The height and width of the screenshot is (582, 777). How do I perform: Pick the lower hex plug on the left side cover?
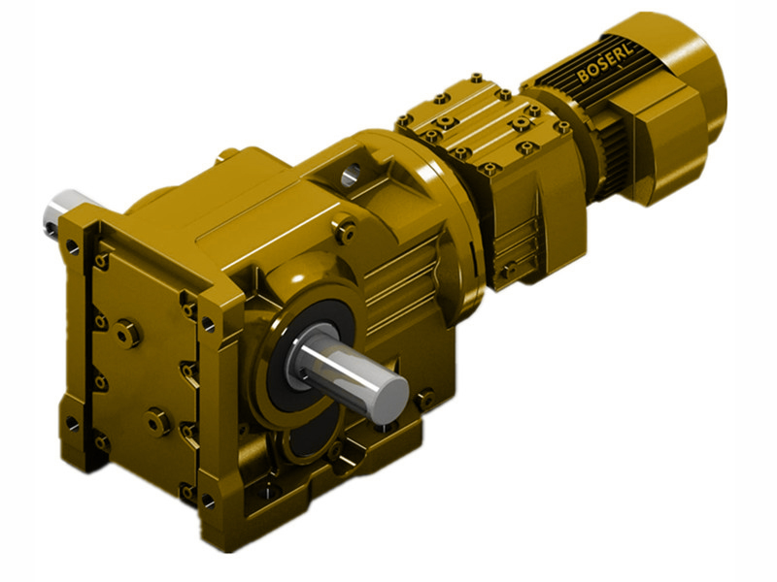158,422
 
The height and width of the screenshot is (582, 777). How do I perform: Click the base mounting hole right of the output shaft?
424,396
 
